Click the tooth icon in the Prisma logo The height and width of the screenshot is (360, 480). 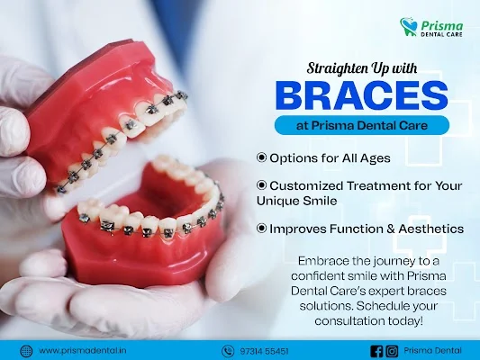click(409, 27)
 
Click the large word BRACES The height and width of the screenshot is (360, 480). click(361, 94)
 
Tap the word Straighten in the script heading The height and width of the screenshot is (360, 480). click(333, 68)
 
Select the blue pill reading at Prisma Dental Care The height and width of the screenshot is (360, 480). click(362, 125)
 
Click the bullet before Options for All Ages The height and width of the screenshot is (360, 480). click(262, 157)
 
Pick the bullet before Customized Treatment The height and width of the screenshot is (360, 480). click(262, 185)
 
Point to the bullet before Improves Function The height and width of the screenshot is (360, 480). click(262, 229)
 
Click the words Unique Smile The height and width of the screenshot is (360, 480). click(297, 201)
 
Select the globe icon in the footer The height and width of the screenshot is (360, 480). click(26, 351)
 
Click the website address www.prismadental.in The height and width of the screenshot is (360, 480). click(83, 351)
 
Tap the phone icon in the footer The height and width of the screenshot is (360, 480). click(228, 351)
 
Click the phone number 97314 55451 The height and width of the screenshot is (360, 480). click(264, 351)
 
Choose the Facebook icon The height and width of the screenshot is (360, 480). click(376, 351)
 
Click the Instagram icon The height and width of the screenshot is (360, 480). click(392, 351)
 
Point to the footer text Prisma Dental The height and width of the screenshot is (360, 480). click(432, 351)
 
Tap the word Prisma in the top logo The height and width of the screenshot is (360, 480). click(442, 26)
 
